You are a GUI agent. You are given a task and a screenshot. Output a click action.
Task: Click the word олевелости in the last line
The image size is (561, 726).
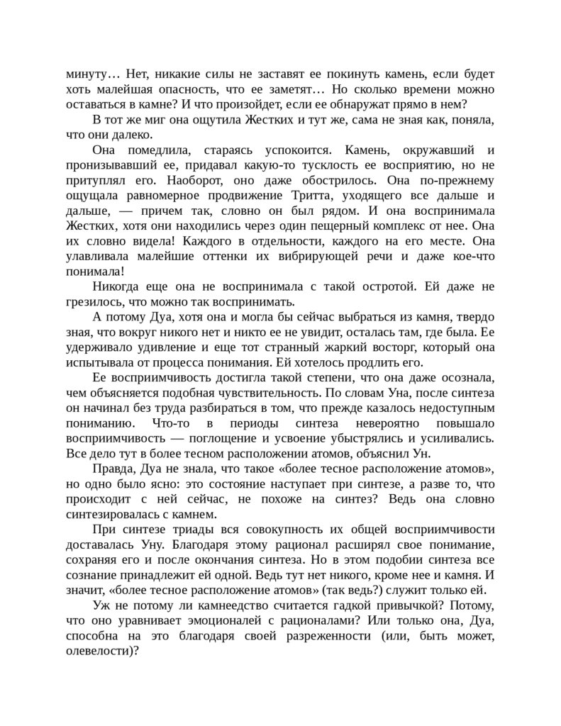(x=100, y=654)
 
